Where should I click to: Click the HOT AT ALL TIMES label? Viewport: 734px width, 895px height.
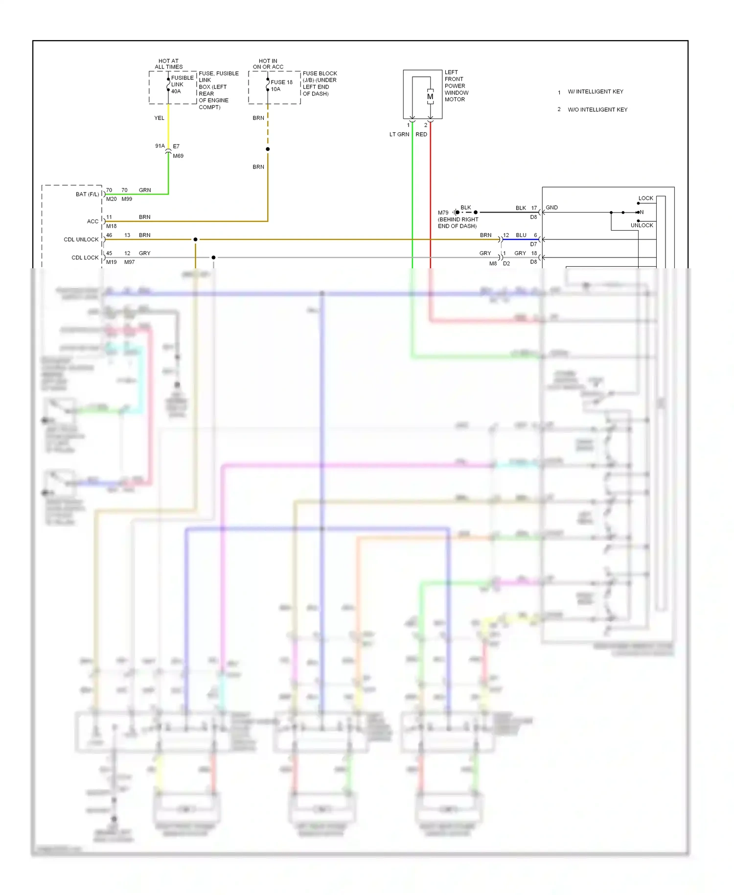(x=169, y=64)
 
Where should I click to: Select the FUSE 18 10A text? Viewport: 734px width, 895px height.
(x=281, y=86)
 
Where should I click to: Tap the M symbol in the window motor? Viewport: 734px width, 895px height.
(x=430, y=96)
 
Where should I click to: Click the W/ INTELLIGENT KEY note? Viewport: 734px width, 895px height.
(x=595, y=92)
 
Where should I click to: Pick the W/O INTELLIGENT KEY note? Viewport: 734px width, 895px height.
(x=597, y=110)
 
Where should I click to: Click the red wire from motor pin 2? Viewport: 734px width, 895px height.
(x=431, y=196)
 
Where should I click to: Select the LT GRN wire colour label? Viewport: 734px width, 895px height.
(x=399, y=134)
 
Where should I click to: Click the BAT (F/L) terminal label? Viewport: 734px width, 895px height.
(x=87, y=194)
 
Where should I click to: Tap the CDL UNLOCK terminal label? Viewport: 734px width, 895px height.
(x=81, y=239)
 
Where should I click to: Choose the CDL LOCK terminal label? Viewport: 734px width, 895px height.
(x=85, y=258)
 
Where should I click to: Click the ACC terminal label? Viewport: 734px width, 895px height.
(x=92, y=221)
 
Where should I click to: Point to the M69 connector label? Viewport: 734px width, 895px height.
(x=178, y=156)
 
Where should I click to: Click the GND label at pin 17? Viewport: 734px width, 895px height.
(x=551, y=208)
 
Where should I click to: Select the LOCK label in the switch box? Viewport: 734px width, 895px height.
(x=645, y=198)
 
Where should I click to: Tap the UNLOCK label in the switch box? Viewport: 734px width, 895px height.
(x=642, y=225)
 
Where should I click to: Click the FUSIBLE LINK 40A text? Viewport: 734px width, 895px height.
(x=182, y=85)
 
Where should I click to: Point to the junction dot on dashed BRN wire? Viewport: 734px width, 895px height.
(x=268, y=149)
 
